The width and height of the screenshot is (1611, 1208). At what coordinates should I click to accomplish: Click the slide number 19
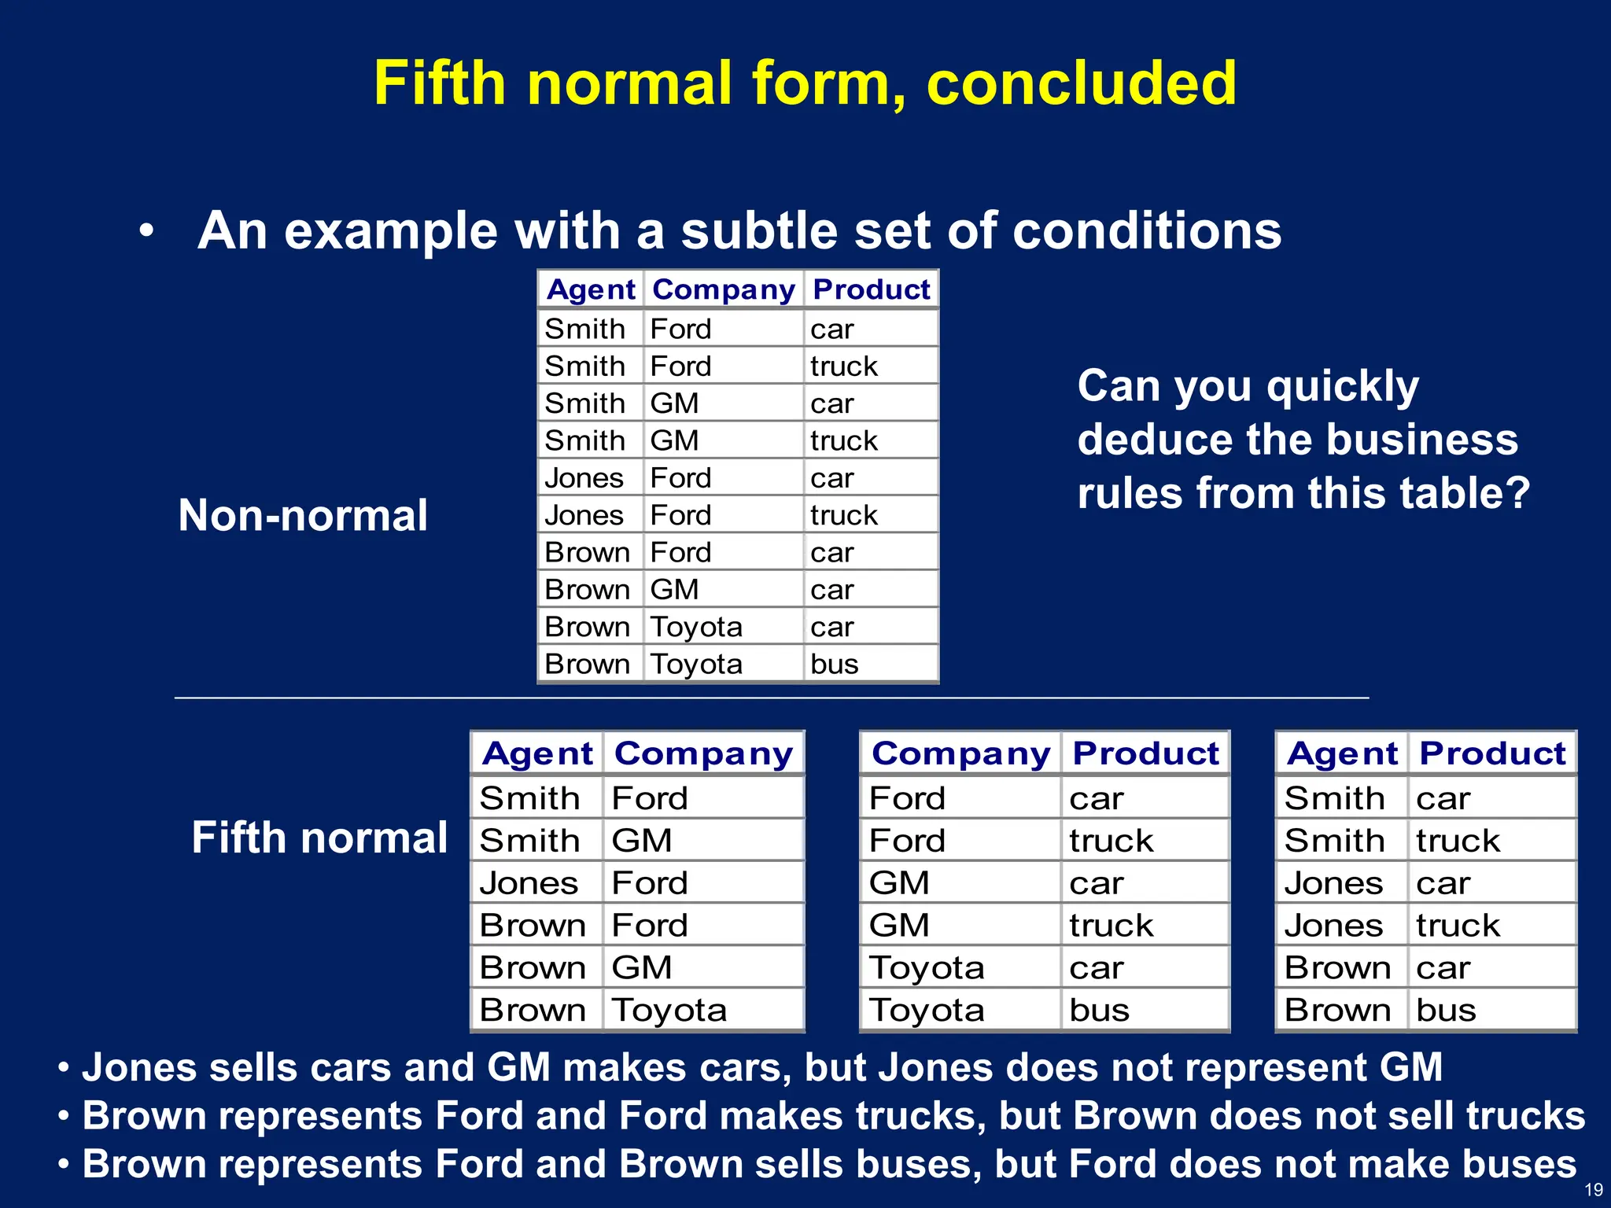[1593, 1190]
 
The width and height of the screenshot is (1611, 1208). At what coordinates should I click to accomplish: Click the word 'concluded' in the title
[1082, 83]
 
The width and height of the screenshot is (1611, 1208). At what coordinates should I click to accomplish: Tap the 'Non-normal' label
[303, 516]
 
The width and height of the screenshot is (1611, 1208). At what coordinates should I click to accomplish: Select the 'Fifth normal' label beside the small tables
[319, 838]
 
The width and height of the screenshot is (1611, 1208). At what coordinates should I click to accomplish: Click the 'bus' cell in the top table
[835, 665]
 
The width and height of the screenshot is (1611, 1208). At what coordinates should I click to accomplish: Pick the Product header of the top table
[872, 289]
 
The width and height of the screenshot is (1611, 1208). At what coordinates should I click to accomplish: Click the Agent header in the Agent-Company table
[537, 753]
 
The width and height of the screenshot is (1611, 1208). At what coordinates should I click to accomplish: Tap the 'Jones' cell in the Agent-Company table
[529, 883]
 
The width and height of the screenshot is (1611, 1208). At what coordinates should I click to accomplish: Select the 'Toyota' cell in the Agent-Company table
[669, 1010]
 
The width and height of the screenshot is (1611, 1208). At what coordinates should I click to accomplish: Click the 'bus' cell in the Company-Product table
[1099, 1010]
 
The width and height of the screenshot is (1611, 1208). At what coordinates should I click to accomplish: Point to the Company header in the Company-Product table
[960, 753]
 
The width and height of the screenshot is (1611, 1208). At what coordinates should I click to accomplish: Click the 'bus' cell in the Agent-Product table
[1446, 1010]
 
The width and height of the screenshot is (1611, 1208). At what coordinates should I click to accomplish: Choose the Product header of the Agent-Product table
[1492, 753]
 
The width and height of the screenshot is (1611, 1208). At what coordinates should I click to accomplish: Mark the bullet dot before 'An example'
[146, 232]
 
